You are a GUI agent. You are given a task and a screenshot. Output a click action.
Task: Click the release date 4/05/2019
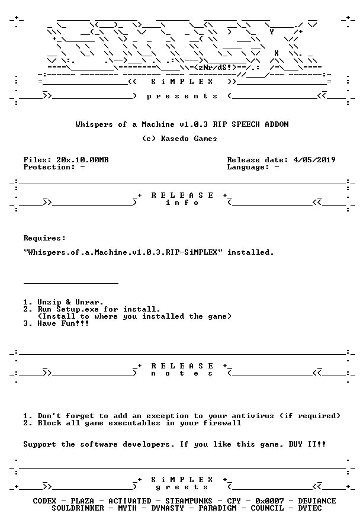click(314, 160)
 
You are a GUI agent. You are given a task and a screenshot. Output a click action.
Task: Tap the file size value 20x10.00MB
click(82, 160)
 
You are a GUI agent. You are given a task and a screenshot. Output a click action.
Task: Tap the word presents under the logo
click(182, 97)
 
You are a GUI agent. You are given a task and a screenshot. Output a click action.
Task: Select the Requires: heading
click(44, 238)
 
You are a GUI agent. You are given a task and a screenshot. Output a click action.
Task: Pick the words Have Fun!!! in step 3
click(63, 323)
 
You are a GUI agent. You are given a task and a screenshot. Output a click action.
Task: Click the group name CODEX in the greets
click(44, 501)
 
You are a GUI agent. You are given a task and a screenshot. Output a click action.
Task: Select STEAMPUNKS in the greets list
click(189, 501)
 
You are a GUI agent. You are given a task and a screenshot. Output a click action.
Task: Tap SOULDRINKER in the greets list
click(78, 508)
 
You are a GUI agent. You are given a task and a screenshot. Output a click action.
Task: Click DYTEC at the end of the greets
click(310, 508)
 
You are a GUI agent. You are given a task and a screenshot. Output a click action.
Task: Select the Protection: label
click(49, 167)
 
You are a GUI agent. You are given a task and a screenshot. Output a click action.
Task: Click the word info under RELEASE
click(182, 203)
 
